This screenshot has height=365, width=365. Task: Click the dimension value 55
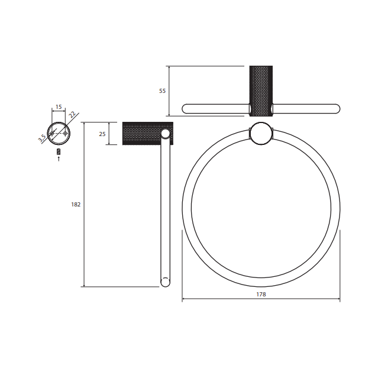[x=162, y=91]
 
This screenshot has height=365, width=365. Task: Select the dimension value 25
[x=102, y=134]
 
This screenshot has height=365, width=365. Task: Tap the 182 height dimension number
[x=76, y=204]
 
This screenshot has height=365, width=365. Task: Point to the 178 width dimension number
[x=261, y=294]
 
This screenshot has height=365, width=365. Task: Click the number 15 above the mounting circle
[x=59, y=107]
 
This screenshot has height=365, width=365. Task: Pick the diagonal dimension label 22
[x=72, y=114]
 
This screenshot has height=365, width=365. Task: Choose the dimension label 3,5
[x=42, y=138]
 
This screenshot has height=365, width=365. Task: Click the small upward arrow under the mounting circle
[x=59, y=159]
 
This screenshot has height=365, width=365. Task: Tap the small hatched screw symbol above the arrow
[x=59, y=151]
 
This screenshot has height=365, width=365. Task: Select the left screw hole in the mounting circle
[x=52, y=133]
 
